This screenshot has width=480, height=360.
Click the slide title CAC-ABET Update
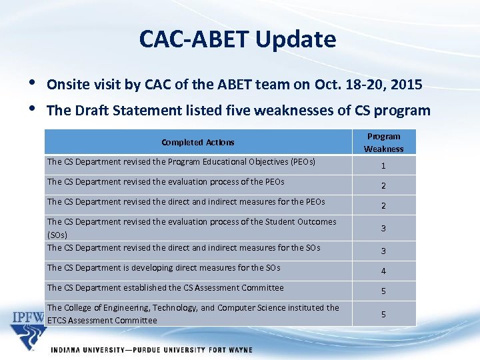point(237,39)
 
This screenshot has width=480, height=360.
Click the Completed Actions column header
point(197,142)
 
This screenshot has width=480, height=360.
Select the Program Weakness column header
point(383,142)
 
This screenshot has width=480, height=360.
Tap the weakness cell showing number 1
point(383,166)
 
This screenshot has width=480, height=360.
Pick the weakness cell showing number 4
point(383,271)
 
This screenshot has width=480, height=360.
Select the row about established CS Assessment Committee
point(165,288)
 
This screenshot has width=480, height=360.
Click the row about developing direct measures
point(163,268)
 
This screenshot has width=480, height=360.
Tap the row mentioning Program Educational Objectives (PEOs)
point(181,161)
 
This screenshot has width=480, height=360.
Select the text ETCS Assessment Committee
point(102,320)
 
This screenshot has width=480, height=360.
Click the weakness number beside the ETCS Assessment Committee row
point(383,314)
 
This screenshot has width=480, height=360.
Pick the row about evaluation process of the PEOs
point(165,181)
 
